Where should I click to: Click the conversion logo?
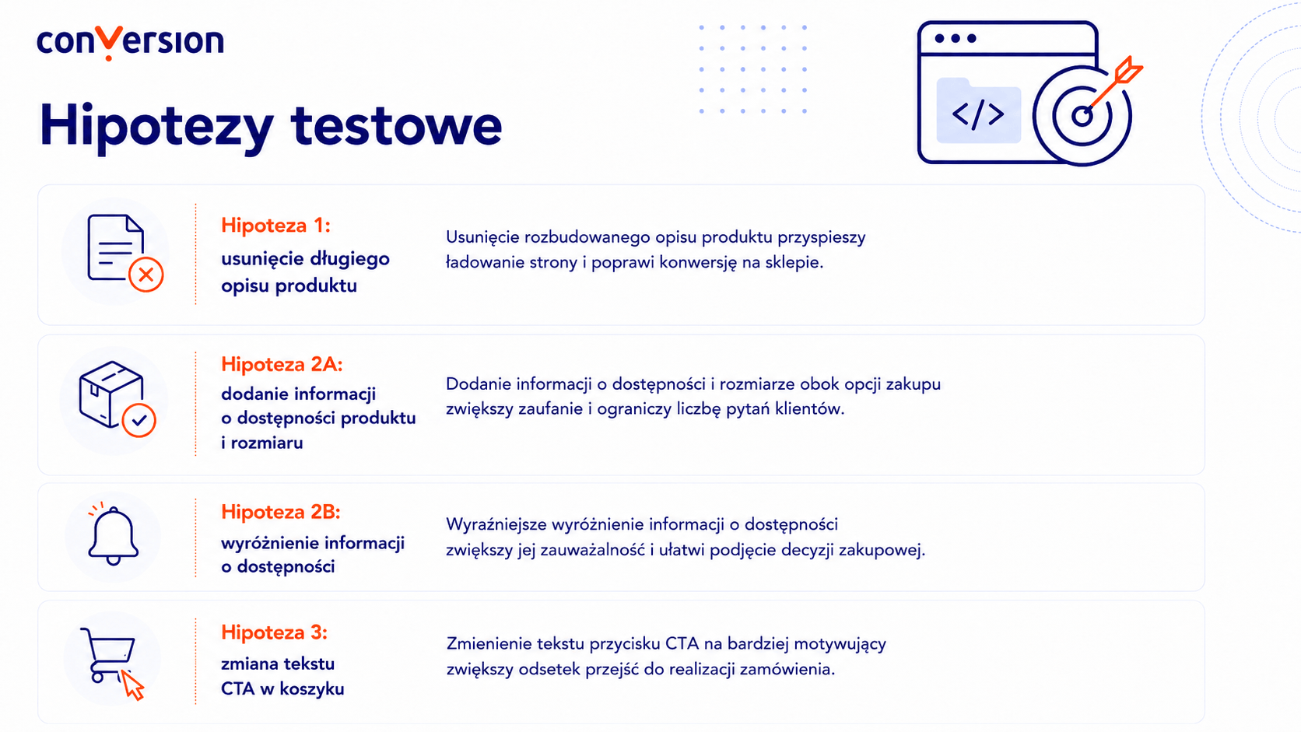(130, 42)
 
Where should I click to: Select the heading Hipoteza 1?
(275, 226)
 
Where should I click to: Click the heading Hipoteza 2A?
(282, 365)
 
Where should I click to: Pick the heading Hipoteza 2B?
(281, 512)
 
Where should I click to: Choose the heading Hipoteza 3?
(274, 632)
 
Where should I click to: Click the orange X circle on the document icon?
(146, 275)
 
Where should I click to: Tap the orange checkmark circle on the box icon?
(139, 420)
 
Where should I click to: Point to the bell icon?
(113, 534)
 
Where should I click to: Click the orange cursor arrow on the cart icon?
(132, 685)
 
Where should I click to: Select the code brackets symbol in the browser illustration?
(978, 114)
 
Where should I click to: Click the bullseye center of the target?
(1082, 116)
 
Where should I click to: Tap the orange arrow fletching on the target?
(1128, 71)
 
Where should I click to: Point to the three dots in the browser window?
(956, 38)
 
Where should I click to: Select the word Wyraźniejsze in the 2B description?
(496, 525)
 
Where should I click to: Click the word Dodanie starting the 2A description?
(479, 384)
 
